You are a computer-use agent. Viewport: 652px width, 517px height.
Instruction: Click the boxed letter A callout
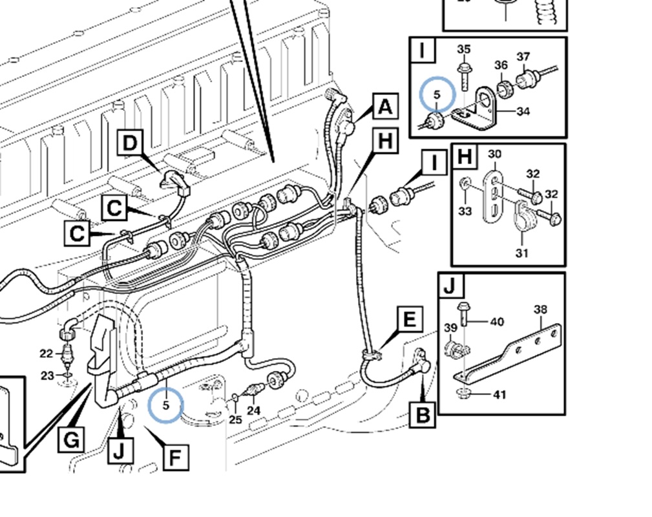pos(384,106)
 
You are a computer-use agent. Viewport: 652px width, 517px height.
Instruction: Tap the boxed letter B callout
pos(423,414)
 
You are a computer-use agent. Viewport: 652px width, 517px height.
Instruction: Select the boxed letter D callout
pos(131,143)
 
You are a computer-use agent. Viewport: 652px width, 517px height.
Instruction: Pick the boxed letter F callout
pos(174,458)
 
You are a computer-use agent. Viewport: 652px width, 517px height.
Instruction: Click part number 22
pos(46,353)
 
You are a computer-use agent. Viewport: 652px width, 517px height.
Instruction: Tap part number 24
pos(253,410)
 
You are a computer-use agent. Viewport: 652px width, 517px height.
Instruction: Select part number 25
pos(236,419)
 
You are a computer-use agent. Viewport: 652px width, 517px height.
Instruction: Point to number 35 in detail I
pos(464,50)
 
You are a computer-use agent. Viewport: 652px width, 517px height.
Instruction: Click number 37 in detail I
pos(523,57)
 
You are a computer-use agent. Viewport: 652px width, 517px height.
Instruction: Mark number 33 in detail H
pos(465,211)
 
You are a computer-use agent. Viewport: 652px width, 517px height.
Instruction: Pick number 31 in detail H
pos(522,253)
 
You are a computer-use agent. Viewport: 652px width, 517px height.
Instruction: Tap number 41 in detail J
pos(500,394)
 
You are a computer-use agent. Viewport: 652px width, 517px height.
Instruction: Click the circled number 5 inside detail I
pos(437,94)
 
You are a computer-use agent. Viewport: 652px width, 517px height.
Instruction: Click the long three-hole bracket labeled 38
pos(517,352)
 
